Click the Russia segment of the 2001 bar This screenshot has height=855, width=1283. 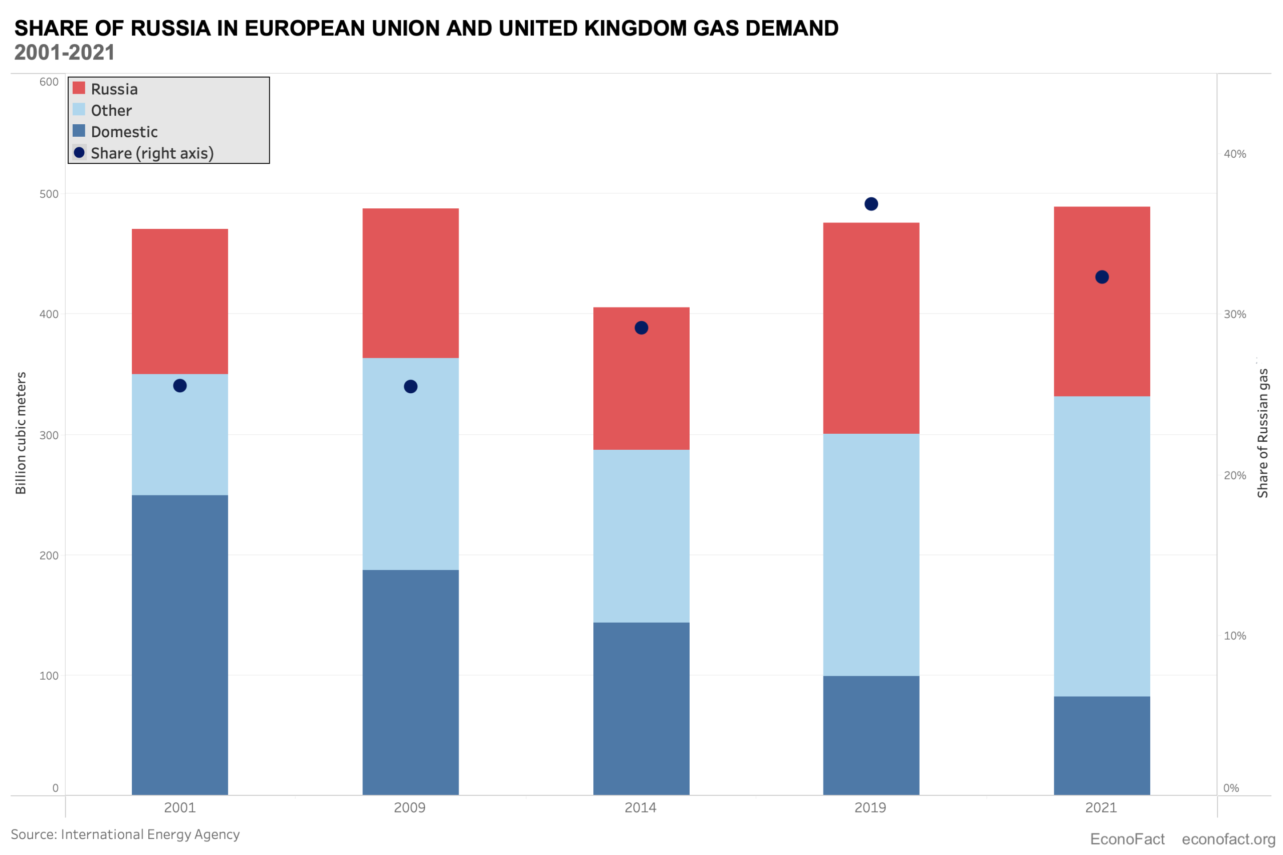point(179,301)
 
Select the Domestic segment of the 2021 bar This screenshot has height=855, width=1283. point(1102,745)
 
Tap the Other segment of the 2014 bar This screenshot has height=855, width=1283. point(641,536)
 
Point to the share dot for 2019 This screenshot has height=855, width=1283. point(871,204)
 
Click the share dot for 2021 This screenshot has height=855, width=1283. point(1102,277)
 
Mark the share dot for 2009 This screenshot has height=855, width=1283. point(411,387)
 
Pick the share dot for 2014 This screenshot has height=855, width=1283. point(641,328)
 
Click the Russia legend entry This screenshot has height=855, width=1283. point(113,89)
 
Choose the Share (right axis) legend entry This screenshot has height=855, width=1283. point(152,153)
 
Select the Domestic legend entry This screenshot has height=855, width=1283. point(124,132)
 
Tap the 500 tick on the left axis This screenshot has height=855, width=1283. point(49,194)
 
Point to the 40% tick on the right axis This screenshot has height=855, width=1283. point(1234,154)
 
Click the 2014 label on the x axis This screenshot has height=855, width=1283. point(640,807)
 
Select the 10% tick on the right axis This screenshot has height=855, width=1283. point(1234,636)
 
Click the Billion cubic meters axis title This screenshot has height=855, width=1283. point(21,433)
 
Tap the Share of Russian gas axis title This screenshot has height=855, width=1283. point(1262,433)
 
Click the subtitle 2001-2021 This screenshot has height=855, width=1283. point(64,53)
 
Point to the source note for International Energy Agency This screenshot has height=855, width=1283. point(125,834)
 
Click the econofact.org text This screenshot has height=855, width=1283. point(1228,839)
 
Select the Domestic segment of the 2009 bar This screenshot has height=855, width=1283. point(410,682)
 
